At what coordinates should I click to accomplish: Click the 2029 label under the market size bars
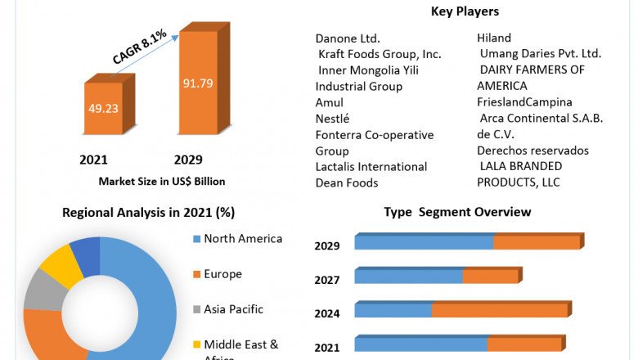188,160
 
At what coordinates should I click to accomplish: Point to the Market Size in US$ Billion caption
162,181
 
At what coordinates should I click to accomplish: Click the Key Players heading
465,11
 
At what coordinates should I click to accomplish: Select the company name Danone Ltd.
348,38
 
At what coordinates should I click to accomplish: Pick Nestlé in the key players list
334,119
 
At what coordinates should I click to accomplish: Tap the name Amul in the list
330,102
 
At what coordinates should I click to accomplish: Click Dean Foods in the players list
347,182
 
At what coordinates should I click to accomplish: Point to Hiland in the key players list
494,38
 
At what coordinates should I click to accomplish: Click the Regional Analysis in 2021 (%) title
148,213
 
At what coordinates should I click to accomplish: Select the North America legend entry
242,239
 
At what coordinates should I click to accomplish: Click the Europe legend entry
222,274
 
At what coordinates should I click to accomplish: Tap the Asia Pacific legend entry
233,309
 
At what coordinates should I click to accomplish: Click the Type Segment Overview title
457,213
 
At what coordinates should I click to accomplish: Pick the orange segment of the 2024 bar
499,311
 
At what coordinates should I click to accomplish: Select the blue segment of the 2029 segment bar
424,243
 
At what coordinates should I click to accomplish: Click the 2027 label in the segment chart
327,280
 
